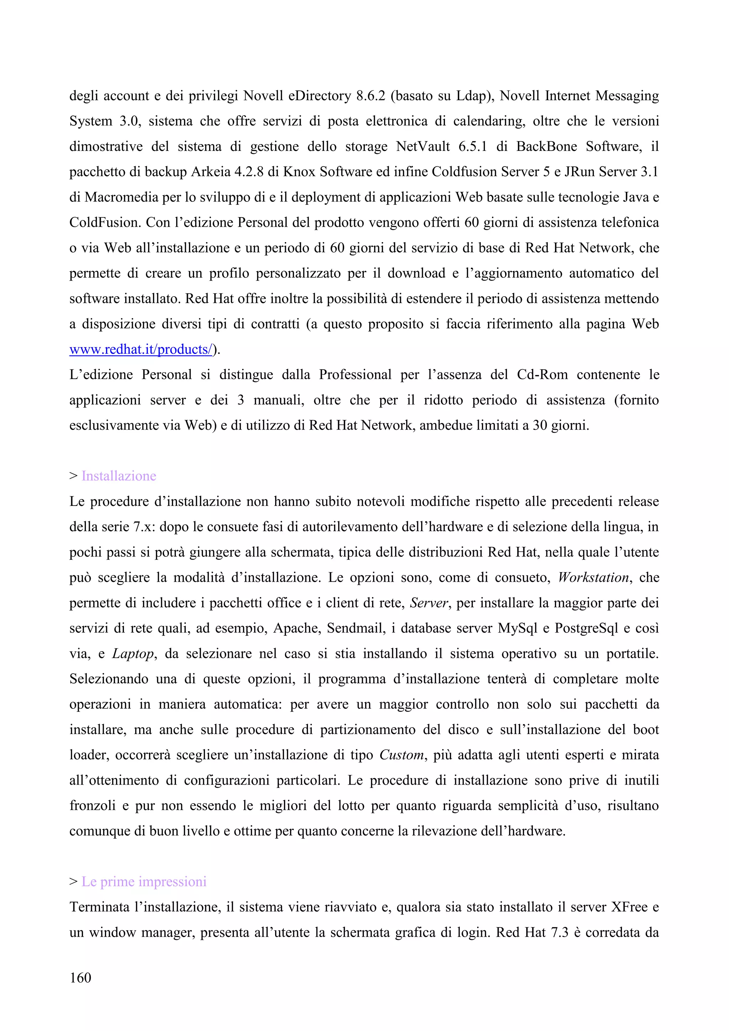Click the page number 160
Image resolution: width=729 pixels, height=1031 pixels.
(x=80, y=977)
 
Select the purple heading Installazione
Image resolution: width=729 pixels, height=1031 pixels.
(x=119, y=476)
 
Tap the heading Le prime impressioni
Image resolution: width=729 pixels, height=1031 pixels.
(x=144, y=881)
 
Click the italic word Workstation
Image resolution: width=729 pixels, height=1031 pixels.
(x=593, y=577)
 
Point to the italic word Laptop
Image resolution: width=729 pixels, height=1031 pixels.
(x=133, y=653)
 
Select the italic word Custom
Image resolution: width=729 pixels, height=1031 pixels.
(x=401, y=755)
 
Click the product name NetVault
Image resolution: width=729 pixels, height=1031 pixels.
(x=423, y=147)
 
